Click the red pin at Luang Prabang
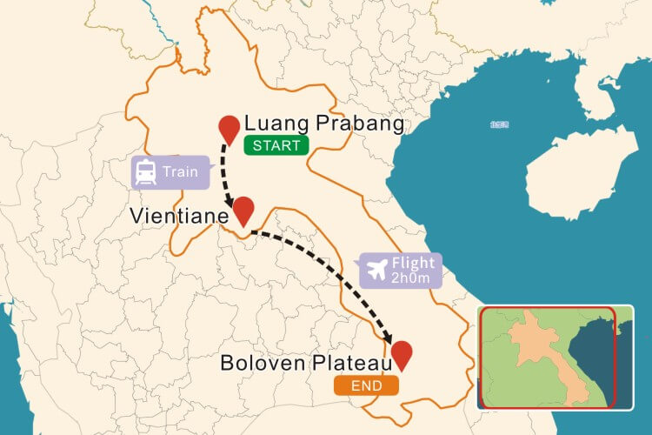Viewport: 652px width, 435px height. tap(229, 129)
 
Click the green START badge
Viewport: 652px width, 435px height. tap(276, 146)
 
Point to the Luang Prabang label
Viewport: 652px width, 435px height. tap(324, 124)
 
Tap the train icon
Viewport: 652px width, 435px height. tap(146, 172)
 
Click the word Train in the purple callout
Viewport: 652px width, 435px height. tap(182, 172)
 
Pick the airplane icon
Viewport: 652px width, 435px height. tap(376, 270)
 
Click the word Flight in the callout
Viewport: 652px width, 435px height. tap(414, 263)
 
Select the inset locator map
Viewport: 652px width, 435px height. tap(547, 357)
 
